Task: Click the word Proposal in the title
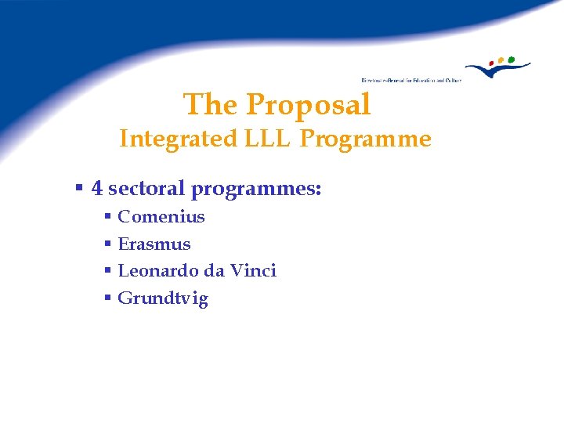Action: coord(308,104)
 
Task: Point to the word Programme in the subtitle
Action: coord(366,139)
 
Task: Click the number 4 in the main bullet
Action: coord(96,189)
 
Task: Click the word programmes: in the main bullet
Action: coord(256,190)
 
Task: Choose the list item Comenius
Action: coord(161,217)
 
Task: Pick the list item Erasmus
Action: coord(154,244)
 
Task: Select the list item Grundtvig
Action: coord(162,298)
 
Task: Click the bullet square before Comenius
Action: coord(108,217)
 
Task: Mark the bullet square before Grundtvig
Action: coord(108,298)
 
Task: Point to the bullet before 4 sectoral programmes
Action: coord(79,189)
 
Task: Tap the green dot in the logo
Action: coord(511,59)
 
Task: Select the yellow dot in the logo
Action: coord(501,60)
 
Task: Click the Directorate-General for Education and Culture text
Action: coord(410,80)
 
